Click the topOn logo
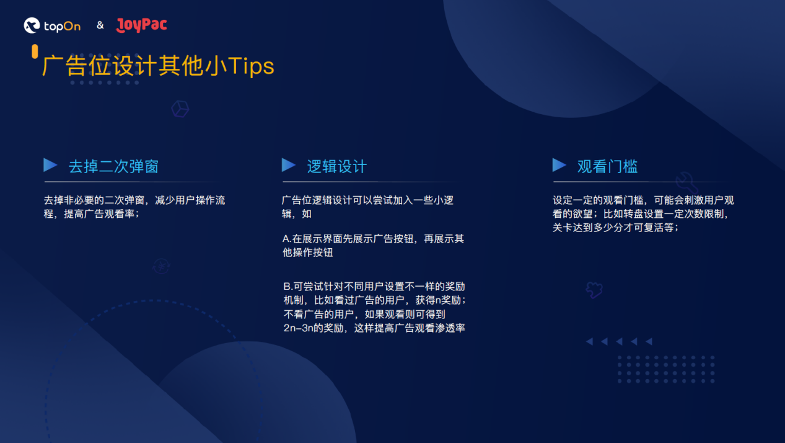click(x=52, y=25)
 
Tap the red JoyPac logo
click(x=141, y=25)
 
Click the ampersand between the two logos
click(x=100, y=25)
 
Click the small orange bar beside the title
click(x=35, y=51)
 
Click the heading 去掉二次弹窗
click(x=113, y=166)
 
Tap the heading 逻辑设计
click(x=337, y=166)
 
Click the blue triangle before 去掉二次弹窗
click(x=50, y=165)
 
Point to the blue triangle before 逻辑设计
click(x=288, y=165)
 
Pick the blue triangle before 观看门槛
click(x=559, y=165)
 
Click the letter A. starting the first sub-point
click(x=287, y=239)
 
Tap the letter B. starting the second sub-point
click(x=288, y=287)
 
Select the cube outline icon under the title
click(x=180, y=109)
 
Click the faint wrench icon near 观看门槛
click(x=686, y=182)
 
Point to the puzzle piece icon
click(x=594, y=289)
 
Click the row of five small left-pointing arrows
click(x=619, y=341)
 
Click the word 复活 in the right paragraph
click(x=651, y=228)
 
